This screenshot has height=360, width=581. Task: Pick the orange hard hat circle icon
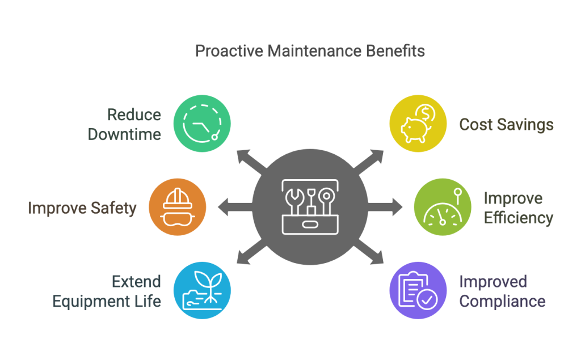click(177, 206)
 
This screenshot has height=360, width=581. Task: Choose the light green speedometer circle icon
click(441, 206)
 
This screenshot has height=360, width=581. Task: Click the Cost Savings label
click(506, 124)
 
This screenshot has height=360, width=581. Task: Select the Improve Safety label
click(82, 208)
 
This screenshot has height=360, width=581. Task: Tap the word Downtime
click(133, 134)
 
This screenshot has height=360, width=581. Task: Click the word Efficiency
click(518, 218)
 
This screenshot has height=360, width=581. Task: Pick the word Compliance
click(502, 300)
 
